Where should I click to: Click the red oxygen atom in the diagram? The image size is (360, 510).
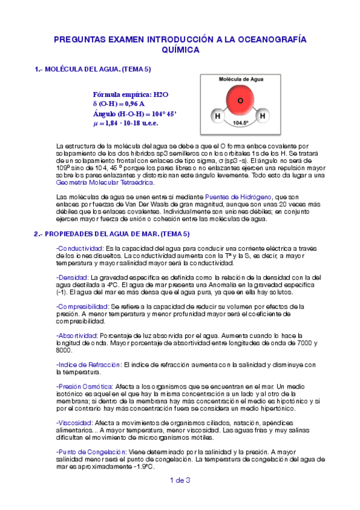tap(240, 101)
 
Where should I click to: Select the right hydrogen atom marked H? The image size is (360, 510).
tap(262, 115)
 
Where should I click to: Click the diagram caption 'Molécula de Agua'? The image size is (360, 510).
tap(240, 79)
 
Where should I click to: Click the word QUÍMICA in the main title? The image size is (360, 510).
tap(180, 51)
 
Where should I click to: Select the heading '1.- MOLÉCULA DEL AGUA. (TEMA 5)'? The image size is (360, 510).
tap(93, 69)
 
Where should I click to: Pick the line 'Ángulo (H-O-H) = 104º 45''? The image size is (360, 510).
tap(135, 114)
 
